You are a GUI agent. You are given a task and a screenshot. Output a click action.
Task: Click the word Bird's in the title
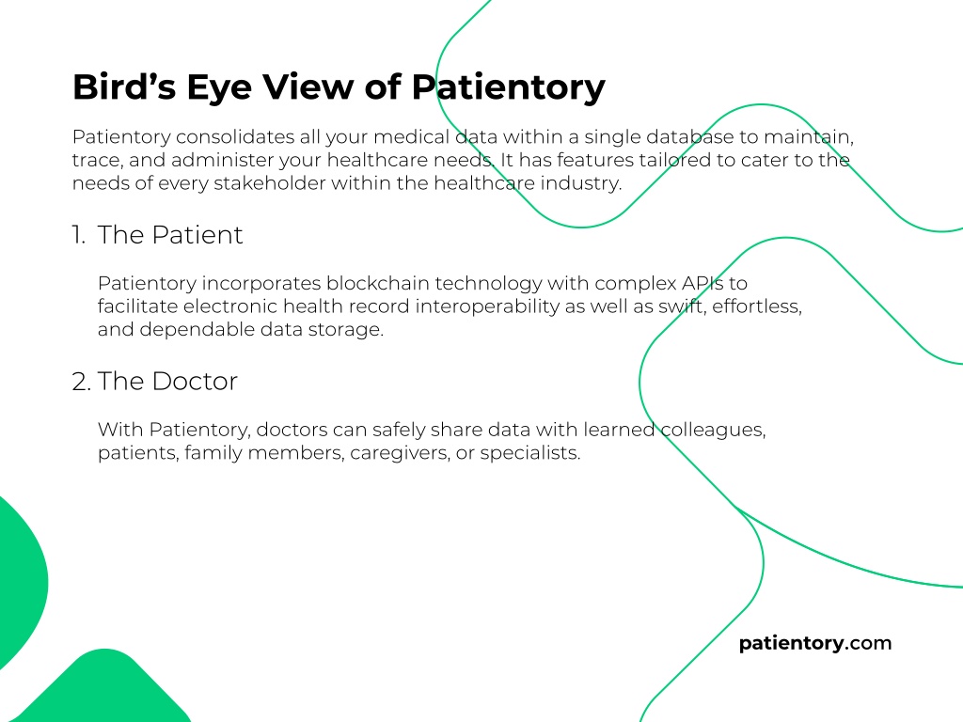124,86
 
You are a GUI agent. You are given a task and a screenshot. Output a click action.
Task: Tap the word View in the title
308,86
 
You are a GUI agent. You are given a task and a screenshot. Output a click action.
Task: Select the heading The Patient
170,234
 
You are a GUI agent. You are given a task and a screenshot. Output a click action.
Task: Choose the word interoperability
487,306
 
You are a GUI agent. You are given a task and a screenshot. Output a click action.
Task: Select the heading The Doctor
167,382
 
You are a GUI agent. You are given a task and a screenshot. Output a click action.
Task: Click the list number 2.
81,382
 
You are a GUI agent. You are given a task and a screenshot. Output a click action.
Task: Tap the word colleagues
713,429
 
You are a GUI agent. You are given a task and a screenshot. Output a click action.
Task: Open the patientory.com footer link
815,643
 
